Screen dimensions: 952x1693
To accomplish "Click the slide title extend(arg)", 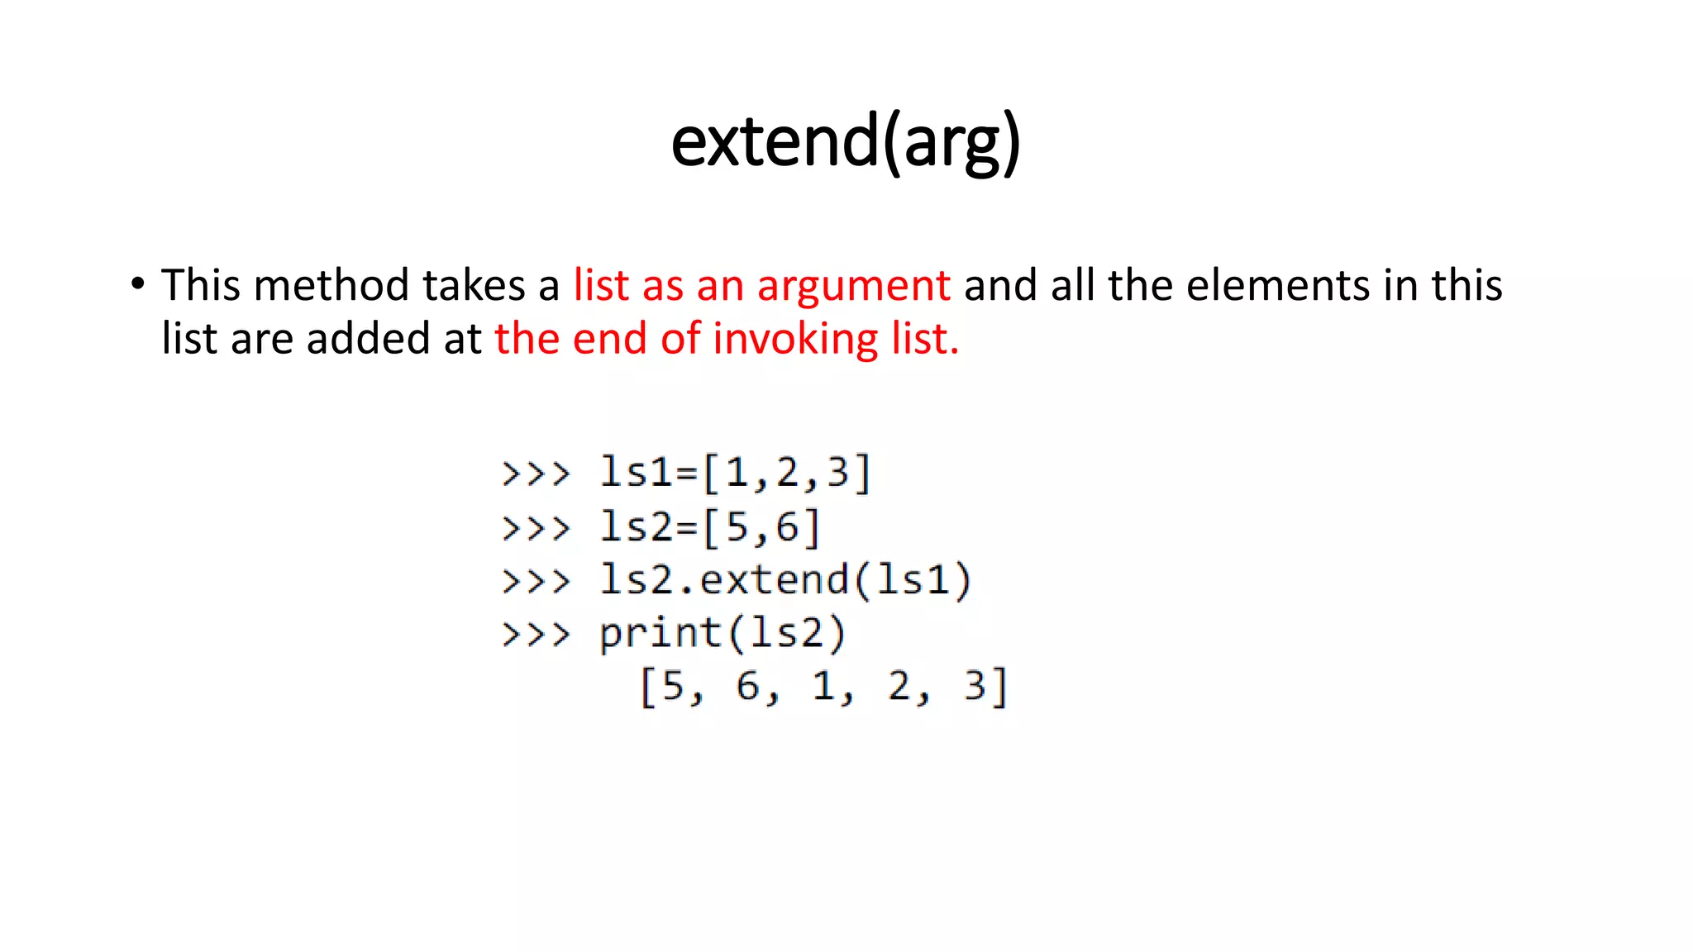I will (x=846, y=143).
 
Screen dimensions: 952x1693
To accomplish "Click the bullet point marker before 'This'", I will (x=137, y=283).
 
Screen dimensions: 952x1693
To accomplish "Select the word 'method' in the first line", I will (x=331, y=285).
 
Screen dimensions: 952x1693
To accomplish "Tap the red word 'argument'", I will (x=853, y=287).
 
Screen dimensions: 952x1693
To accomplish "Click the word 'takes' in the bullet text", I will (x=474, y=285).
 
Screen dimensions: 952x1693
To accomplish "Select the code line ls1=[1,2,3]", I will (x=735, y=474).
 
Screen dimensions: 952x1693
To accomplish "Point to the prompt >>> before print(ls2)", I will (x=536, y=635).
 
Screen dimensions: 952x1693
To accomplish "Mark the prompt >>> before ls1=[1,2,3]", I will (x=536, y=474).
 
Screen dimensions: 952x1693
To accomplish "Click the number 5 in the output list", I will (x=673, y=686).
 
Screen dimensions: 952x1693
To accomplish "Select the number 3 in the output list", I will (x=975, y=686).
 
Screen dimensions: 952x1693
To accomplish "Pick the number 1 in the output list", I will (x=823, y=686).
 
